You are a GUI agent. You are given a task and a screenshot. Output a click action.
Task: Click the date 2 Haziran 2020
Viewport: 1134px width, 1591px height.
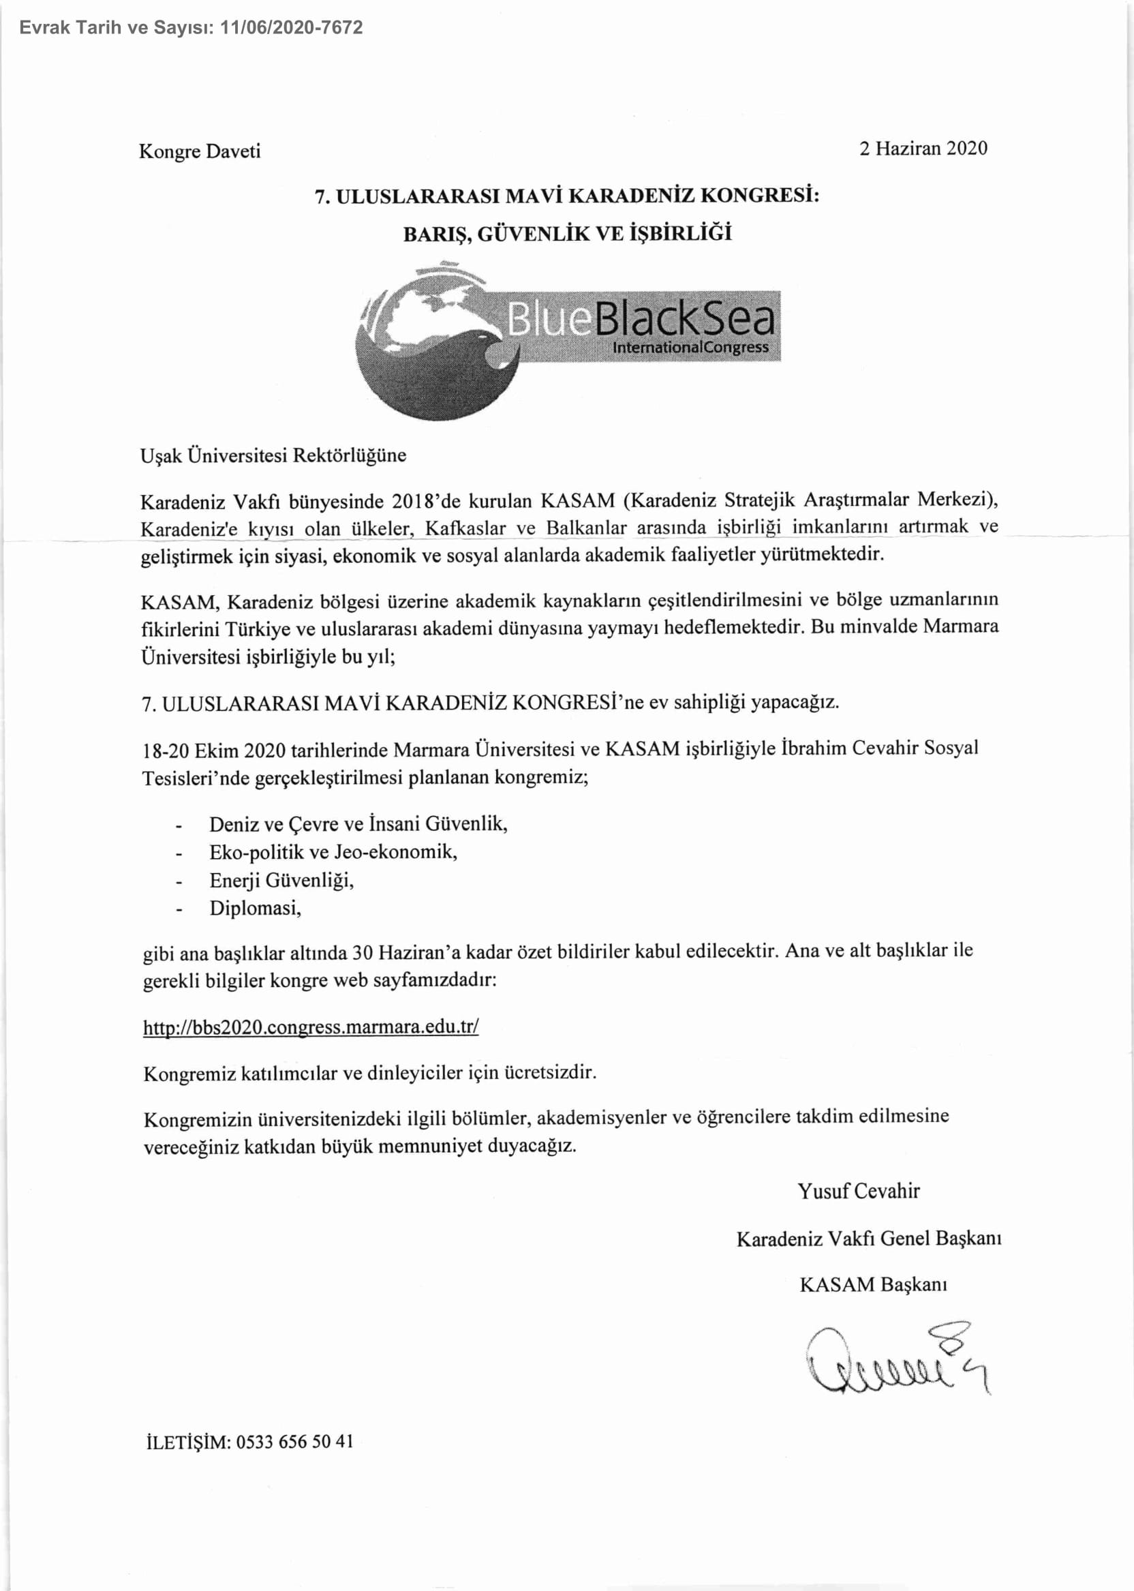point(923,148)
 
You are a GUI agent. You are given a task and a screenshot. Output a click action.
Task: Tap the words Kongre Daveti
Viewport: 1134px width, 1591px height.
point(200,151)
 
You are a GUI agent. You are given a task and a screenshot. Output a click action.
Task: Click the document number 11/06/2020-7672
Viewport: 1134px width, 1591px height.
point(291,28)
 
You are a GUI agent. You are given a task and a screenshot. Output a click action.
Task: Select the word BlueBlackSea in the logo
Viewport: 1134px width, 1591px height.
point(641,318)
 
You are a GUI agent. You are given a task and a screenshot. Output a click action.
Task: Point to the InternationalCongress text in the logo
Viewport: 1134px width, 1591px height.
point(690,347)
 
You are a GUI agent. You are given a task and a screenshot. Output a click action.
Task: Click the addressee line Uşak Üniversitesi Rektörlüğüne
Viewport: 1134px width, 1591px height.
point(273,455)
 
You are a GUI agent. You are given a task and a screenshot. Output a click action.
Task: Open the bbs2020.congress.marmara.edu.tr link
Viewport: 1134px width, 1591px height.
point(311,1027)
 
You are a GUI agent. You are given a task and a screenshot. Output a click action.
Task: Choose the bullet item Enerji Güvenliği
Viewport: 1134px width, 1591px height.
point(281,880)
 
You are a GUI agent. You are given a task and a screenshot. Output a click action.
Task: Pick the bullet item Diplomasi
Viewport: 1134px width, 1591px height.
point(255,908)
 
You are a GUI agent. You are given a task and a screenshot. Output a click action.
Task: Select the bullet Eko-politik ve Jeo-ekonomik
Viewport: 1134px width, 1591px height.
point(333,852)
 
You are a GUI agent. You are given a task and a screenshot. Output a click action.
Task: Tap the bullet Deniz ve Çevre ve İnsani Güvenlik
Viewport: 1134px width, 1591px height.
point(358,824)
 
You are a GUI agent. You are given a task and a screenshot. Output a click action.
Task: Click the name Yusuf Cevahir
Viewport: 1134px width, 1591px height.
point(858,1191)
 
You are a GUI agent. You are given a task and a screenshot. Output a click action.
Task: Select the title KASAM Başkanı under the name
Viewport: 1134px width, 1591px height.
point(873,1284)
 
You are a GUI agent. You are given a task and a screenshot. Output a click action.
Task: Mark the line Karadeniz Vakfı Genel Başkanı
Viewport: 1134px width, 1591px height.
point(869,1239)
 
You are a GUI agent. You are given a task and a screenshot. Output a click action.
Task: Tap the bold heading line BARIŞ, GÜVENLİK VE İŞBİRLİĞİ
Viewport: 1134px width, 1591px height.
point(567,233)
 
